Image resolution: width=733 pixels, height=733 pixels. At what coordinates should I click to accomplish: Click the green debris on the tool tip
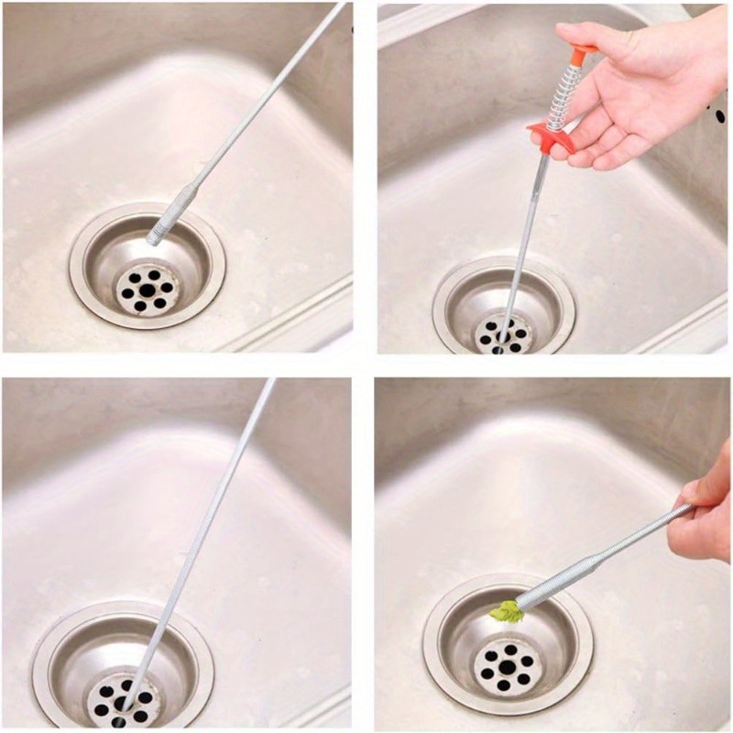click(506, 611)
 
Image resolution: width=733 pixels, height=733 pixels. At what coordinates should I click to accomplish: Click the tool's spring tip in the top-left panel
click(157, 235)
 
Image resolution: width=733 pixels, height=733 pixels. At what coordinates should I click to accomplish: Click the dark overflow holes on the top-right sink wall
click(717, 116)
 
